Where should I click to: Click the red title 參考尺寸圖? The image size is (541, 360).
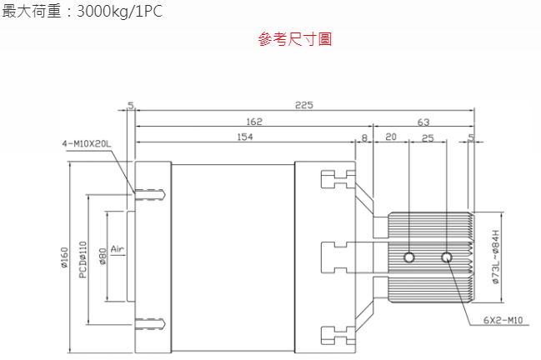(295, 39)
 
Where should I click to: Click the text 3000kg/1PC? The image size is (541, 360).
(119, 12)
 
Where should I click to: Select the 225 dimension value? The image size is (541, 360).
(304, 105)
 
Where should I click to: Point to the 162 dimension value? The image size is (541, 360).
(254, 122)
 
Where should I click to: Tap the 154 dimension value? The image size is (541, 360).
(244, 137)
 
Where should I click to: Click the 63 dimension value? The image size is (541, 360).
(423, 122)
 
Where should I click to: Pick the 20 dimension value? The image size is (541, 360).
(391, 137)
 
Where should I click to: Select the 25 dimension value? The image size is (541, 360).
(428, 138)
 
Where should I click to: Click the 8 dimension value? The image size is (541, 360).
(364, 138)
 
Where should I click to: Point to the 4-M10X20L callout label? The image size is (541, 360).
(87, 143)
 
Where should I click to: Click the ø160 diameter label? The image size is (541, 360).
(64, 257)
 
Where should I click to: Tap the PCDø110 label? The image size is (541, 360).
(83, 259)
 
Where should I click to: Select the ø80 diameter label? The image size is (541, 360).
(103, 257)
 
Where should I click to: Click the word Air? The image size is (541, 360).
(118, 248)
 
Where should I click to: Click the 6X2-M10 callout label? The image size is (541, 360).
(503, 320)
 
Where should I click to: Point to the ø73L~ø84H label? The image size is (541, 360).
(496, 257)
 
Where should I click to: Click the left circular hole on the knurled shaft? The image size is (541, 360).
(409, 257)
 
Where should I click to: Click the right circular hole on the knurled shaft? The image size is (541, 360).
(447, 257)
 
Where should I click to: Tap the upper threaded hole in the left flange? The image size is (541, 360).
(150, 194)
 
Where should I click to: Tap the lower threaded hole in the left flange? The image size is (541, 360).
(150, 324)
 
